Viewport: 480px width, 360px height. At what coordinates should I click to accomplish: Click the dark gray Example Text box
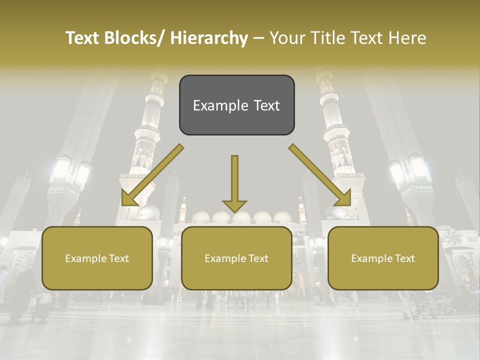[x=236, y=105]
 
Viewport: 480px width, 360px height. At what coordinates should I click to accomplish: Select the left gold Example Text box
[x=97, y=258]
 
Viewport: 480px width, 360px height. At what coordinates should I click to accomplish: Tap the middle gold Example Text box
[x=236, y=258]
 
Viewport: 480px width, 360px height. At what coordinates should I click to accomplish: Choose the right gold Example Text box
[x=383, y=258]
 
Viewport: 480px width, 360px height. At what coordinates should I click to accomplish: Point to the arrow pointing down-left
[x=152, y=175]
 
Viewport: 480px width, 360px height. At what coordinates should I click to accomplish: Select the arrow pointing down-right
[x=320, y=175]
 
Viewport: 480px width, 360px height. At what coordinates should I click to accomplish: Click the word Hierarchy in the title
[x=208, y=38]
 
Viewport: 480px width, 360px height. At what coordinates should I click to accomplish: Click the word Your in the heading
[x=285, y=38]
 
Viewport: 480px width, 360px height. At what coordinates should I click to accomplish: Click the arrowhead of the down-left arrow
[x=129, y=198]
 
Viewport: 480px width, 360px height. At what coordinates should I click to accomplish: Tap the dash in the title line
[x=258, y=38]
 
